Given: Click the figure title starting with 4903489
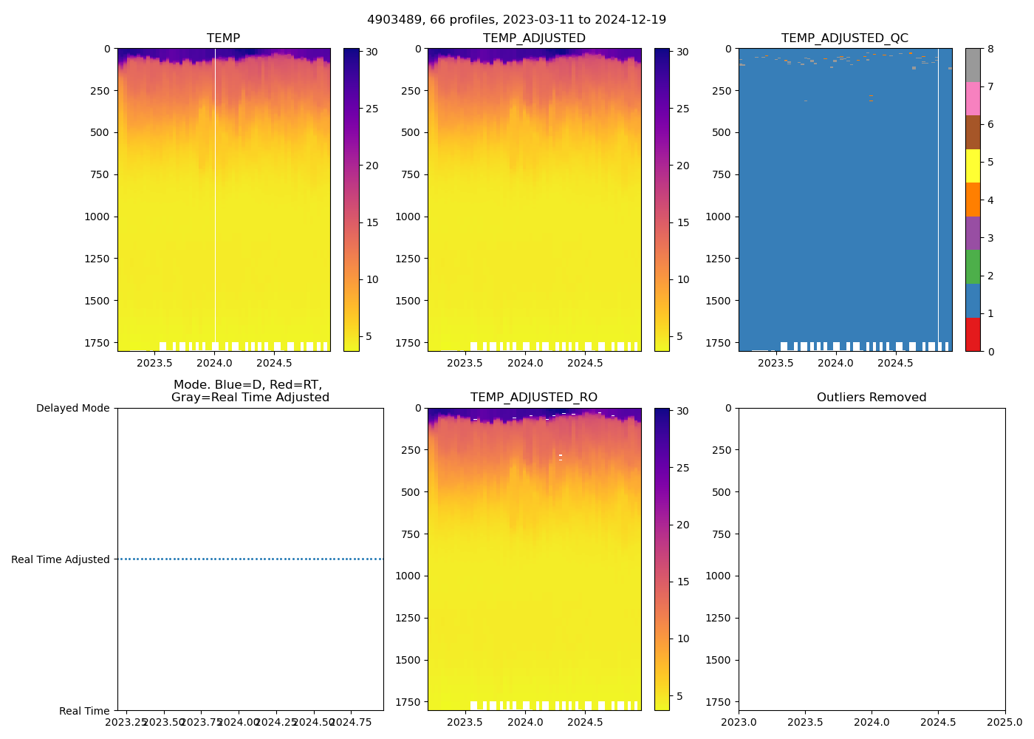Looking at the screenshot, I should tap(516, 19).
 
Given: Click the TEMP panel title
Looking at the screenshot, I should tap(223, 38).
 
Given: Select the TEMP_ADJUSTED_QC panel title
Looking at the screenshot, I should tap(845, 38).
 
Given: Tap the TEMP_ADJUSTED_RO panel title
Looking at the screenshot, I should tap(534, 397).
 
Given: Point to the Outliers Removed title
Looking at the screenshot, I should tap(872, 397).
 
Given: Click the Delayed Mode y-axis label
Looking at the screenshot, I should tap(72, 408).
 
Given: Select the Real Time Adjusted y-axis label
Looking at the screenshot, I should tap(61, 559).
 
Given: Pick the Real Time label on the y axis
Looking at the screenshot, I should tap(84, 711).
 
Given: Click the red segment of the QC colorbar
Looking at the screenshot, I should tap(973, 334).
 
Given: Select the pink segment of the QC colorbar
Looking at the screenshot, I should tap(973, 99).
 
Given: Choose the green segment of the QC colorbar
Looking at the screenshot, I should tap(973, 267).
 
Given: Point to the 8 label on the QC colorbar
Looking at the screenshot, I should tap(990, 49).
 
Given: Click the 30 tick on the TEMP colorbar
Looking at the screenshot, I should tap(372, 52).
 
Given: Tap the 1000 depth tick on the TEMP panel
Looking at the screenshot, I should tap(97, 217).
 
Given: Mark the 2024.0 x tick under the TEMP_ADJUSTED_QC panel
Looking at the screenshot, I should tap(835, 363).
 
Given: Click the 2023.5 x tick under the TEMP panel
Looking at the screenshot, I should tap(154, 363).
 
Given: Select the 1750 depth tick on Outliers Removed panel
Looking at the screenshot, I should tap(719, 701).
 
